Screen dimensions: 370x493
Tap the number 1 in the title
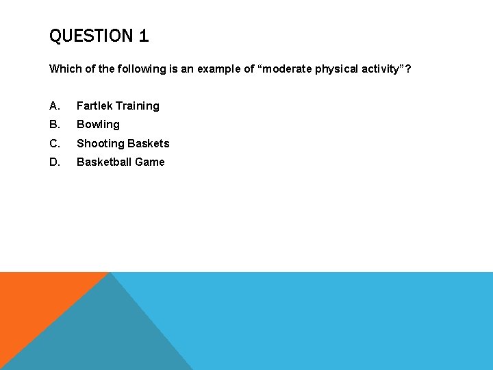(x=144, y=36)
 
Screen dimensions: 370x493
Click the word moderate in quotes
(x=284, y=69)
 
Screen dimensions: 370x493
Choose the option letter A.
(x=54, y=106)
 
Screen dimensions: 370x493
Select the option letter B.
(x=54, y=125)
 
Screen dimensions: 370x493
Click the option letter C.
(x=54, y=143)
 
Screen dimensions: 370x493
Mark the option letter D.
(x=54, y=162)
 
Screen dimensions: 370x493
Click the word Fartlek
(x=94, y=106)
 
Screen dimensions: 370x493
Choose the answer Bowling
(x=98, y=125)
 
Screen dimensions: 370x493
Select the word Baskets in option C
(x=147, y=143)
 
